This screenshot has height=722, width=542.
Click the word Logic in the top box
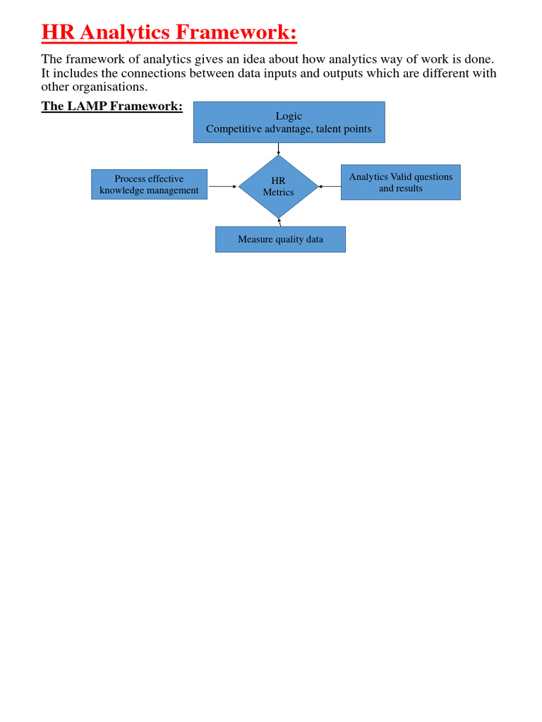pyautogui.click(x=289, y=116)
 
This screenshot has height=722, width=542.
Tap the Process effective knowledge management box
pyautogui.click(x=149, y=184)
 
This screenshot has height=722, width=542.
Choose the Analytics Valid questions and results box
pyautogui.click(x=400, y=182)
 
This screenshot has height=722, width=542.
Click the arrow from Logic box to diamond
pyautogui.click(x=279, y=149)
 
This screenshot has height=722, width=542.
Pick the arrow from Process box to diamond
pyautogui.click(x=223, y=187)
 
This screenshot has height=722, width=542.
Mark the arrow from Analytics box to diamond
pyautogui.click(x=330, y=187)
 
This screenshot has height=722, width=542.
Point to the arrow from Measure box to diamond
pyautogui.click(x=279, y=222)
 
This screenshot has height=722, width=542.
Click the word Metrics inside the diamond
pyautogui.click(x=278, y=192)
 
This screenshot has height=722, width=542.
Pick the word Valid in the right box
pyautogui.click(x=403, y=177)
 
